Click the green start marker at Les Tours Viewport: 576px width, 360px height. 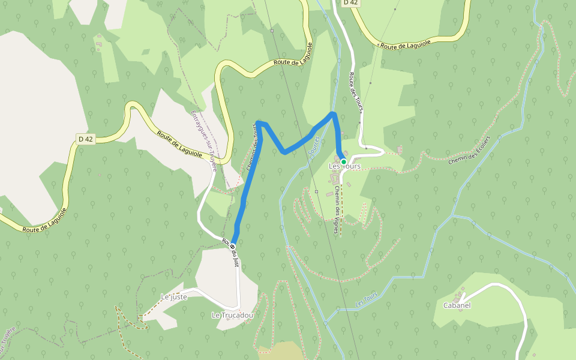pos(343,162)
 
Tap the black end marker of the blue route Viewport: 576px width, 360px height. pos(232,246)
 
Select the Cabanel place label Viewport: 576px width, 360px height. pos(457,305)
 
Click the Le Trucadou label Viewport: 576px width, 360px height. pos(232,315)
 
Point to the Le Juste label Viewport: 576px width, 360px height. pos(174,297)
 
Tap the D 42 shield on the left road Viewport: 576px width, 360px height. pos(86,139)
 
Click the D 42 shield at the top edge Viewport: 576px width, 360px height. pos(351,2)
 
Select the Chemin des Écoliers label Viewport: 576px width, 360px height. pos(469,149)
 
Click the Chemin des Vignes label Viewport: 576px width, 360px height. pos(337,209)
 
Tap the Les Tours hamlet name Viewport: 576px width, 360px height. pos(345,166)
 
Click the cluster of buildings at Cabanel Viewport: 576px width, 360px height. pos(460,296)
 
